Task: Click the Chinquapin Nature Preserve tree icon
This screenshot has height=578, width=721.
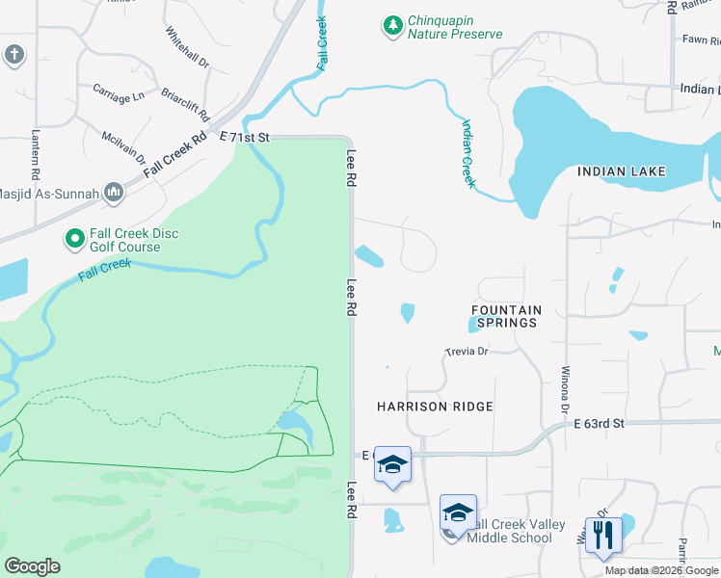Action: [x=391, y=26]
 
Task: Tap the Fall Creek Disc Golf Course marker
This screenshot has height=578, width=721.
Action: [x=74, y=237]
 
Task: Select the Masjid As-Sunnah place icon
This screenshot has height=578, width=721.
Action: [x=114, y=194]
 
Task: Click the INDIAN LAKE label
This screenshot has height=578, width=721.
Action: [x=621, y=171]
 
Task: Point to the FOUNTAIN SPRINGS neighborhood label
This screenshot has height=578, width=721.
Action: [x=506, y=316]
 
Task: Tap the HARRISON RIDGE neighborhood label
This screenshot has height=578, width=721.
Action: [x=435, y=407]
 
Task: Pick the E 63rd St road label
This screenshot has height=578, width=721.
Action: [x=600, y=423]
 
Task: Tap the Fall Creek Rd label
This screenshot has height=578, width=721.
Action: [x=175, y=152]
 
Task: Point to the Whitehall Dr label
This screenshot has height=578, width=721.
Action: [x=187, y=46]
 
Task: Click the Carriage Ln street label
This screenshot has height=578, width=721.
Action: [x=118, y=95]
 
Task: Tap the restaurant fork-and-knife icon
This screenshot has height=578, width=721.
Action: [x=603, y=534]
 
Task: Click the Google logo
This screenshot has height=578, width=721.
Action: [x=33, y=566]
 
